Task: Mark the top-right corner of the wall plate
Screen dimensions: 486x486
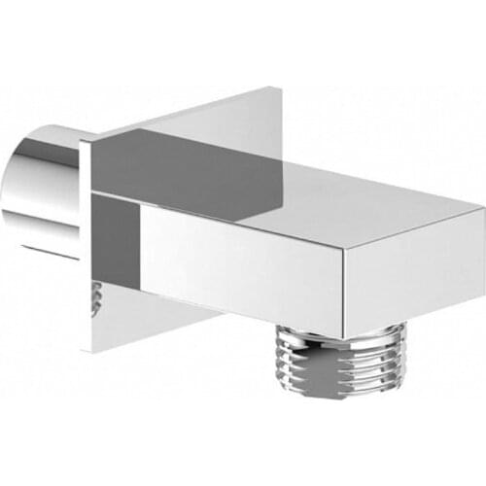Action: (x=282, y=89)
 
